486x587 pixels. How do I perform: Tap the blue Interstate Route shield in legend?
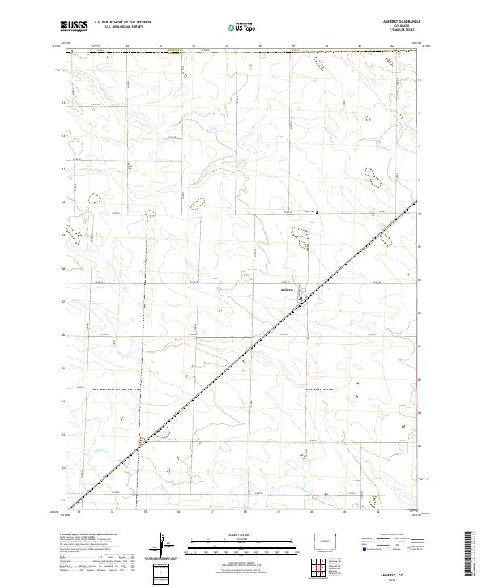click(x=360, y=550)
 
